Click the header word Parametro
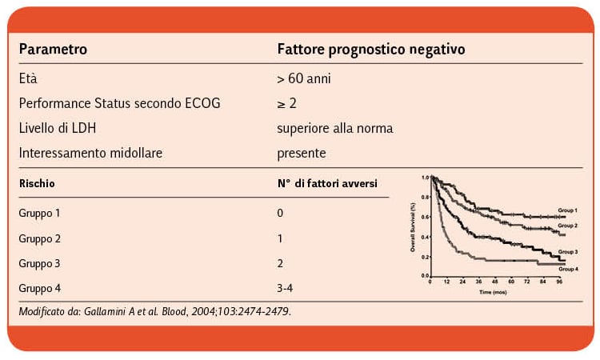point(53,49)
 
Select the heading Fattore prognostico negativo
point(371,49)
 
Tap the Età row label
point(28,79)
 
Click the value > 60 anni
point(304,79)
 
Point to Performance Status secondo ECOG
point(119,103)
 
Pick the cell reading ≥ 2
point(286,103)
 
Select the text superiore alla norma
point(335,128)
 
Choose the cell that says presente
point(302,152)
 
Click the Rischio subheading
point(37,183)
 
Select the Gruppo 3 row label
point(39,262)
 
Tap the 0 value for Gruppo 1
point(280,214)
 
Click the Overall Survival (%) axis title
point(413,225)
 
